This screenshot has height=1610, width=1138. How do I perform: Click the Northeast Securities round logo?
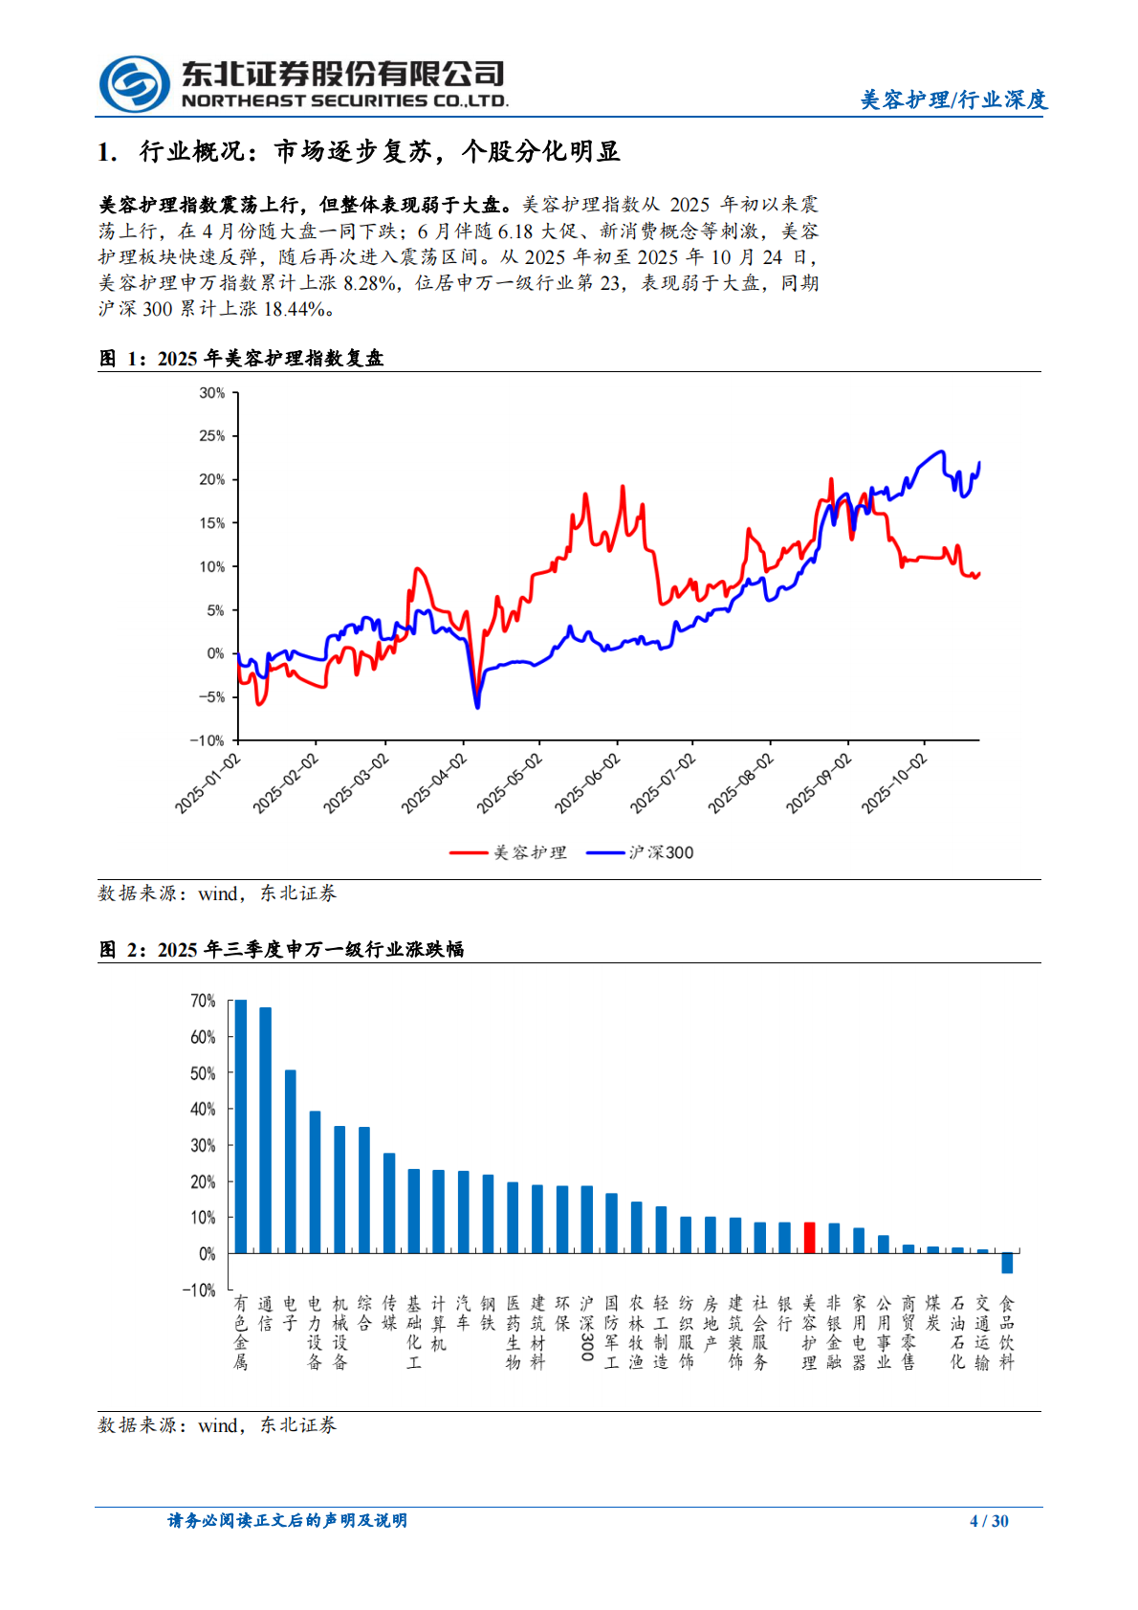pyautogui.click(x=134, y=84)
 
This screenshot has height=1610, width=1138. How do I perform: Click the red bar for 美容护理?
pyautogui.click(x=809, y=1237)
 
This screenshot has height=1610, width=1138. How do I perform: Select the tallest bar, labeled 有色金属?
pyautogui.click(x=241, y=1126)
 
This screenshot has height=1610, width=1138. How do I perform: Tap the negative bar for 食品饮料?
pyautogui.click(x=1007, y=1263)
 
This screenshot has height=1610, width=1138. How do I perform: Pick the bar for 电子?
pyautogui.click(x=291, y=1161)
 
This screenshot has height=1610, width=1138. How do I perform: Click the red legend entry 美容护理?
pyautogui.click(x=509, y=852)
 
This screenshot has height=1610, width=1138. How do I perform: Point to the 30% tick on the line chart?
pyautogui.click(x=211, y=393)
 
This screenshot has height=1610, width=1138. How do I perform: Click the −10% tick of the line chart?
pyautogui.click(x=207, y=740)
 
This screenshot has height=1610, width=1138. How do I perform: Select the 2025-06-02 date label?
pyautogui.click(x=587, y=783)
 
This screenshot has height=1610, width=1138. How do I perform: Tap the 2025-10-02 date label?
pyautogui.click(x=894, y=783)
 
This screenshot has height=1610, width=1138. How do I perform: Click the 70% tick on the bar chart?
pyautogui.click(x=203, y=1001)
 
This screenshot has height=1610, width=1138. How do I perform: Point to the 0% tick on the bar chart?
pyautogui.click(x=207, y=1253)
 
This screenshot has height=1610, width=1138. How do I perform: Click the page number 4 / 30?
pyautogui.click(x=989, y=1521)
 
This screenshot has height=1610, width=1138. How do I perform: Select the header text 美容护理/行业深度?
pyautogui.click(x=953, y=99)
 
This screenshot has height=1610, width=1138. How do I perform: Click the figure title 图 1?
pyautogui.click(x=241, y=359)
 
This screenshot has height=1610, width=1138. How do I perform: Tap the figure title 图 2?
pyautogui.click(x=281, y=949)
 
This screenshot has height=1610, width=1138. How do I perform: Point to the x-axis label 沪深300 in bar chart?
pyautogui.click(x=587, y=1330)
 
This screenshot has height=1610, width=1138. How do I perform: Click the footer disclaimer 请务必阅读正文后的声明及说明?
pyautogui.click(x=287, y=1521)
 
